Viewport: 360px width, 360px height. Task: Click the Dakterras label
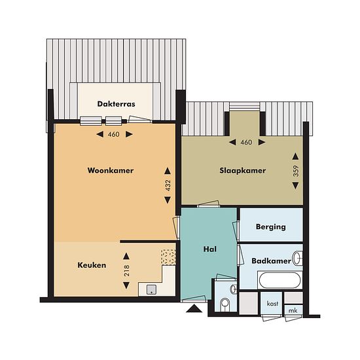[116, 104]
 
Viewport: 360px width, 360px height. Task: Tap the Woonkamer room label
[111, 170]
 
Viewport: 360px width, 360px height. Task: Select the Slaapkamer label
[243, 171]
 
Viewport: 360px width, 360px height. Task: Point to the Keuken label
[92, 265]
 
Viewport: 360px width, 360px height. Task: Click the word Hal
[210, 249]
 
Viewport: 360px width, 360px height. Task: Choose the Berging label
[271, 227]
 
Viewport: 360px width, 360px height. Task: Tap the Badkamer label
[272, 261]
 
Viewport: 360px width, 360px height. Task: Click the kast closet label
[272, 304]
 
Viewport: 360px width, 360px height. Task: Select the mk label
[293, 311]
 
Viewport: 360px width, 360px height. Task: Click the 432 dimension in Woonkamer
[168, 185]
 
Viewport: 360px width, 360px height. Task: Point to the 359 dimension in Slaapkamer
[296, 171]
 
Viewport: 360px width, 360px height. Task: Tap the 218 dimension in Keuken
[126, 270]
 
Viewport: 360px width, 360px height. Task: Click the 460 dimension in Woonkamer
[114, 134]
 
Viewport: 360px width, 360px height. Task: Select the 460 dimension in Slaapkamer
[246, 142]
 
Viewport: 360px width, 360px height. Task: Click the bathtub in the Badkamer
[280, 280]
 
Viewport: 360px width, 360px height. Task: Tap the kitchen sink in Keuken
[152, 289]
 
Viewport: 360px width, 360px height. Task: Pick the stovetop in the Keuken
[168, 257]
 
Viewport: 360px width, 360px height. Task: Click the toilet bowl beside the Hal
[225, 304]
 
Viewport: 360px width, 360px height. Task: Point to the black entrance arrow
[194, 308]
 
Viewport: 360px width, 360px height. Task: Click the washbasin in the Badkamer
[298, 258]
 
